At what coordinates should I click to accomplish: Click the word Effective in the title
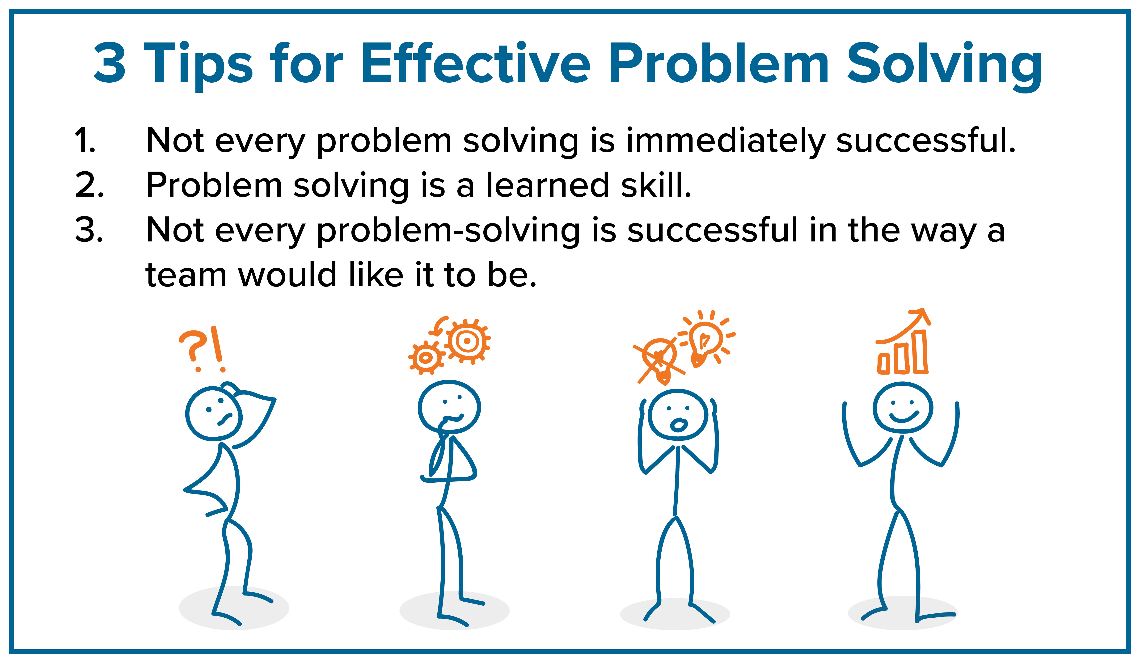point(475,63)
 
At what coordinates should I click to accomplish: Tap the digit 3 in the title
point(110,63)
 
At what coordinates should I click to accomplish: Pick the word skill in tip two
point(656,186)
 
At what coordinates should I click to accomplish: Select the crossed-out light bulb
point(659,359)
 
